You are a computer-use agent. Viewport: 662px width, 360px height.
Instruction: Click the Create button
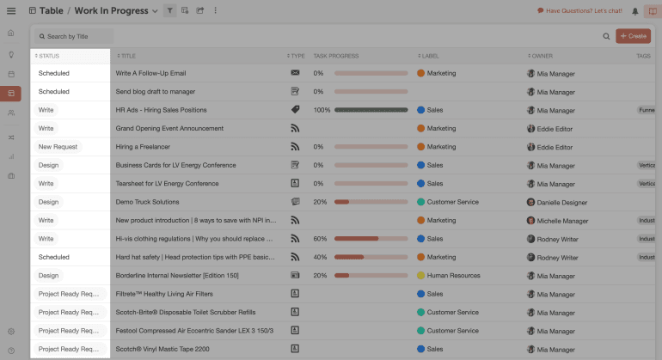pos(633,36)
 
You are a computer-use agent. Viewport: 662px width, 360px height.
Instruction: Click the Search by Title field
pos(75,37)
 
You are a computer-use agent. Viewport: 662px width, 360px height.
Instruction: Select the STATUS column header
pos(50,56)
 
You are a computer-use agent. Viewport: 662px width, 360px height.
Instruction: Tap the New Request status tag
pos(58,147)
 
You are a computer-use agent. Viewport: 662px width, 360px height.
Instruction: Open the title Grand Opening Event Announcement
pos(169,129)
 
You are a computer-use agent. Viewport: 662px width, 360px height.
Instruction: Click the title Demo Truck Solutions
pos(148,203)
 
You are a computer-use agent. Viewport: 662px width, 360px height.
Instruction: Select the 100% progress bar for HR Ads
pos(371,110)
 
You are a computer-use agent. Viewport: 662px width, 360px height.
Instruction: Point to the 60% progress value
pos(320,239)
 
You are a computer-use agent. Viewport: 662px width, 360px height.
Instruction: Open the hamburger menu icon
pos(11,11)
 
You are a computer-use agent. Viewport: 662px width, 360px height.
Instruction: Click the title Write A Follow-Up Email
pos(150,74)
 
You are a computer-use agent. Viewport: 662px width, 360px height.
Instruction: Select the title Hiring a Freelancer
pos(143,147)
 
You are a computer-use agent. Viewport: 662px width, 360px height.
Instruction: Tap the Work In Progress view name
pos(111,11)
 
